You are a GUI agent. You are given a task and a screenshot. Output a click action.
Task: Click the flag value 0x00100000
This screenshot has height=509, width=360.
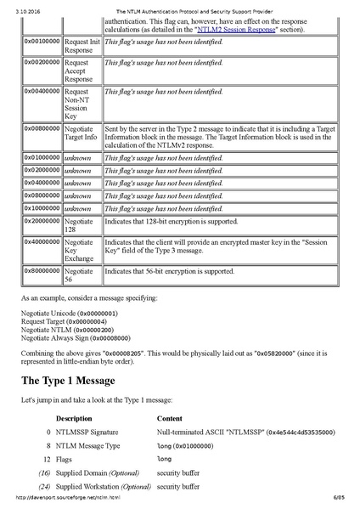coord(42,40)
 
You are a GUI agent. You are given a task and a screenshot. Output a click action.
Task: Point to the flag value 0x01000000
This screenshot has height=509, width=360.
coord(42,158)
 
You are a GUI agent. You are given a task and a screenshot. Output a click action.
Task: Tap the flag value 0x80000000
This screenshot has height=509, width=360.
coord(42,272)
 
